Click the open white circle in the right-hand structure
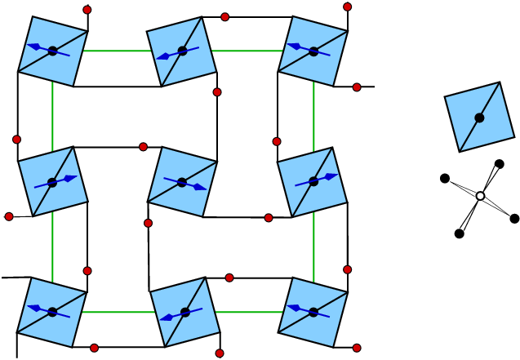click(x=480, y=196)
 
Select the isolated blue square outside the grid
click(x=479, y=117)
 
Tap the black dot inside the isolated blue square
click(x=479, y=118)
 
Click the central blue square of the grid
click(x=182, y=182)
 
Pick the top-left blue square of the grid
click(x=52, y=51)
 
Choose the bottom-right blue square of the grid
click(x=313, y=312)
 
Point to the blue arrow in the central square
click(x=184, y=183)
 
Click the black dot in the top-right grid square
click(x=313, y=51)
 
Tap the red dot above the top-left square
click(x=87, y=10)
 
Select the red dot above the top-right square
click(x=347, y=7)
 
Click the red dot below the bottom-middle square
click(x=220, y=353)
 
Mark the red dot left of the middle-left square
click(x=9, y=216)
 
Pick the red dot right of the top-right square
click(x=357, y=87)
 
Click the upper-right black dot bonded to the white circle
click(x=500, y=164)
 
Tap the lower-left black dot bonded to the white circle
click(x=460, y=233)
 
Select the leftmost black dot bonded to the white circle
click(x=445, y=178)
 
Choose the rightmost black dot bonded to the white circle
click(x=514, y=218)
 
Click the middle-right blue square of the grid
click(x=313, y=181)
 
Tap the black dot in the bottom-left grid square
click(x=52, y=312)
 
